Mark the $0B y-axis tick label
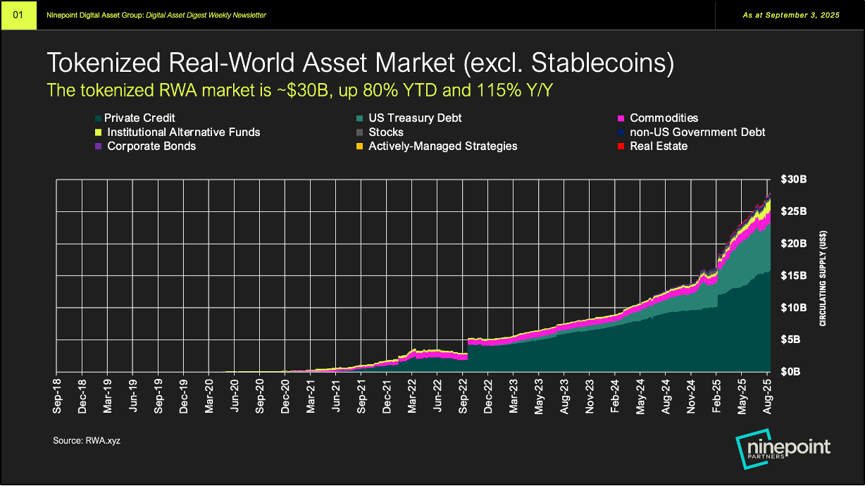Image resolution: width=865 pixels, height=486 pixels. click(795, 371)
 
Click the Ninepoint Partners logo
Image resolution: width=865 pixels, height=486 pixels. click(783, 450)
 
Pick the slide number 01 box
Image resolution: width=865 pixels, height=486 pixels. click(18, 15)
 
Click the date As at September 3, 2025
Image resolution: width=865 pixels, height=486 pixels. click(791, 15)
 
